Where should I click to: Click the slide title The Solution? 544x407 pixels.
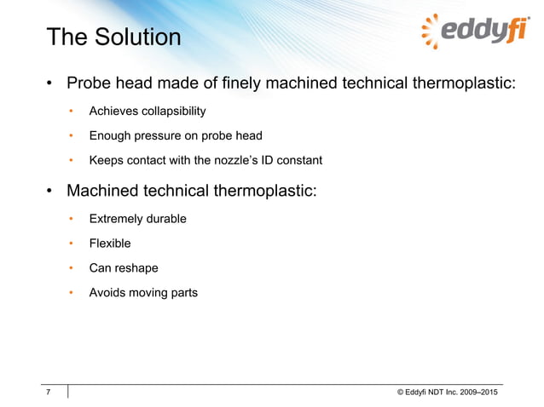coord(113,38)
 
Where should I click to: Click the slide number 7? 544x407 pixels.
coord(49,392)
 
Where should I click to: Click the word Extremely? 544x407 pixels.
coord(117,219)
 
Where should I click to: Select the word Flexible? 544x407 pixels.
coord(110,244)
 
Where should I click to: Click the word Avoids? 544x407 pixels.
coord(108,293)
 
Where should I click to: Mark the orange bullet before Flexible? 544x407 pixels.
coord(72,244)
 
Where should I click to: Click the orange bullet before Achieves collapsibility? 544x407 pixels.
coord(72,111)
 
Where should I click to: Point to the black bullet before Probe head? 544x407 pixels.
coord(50,84)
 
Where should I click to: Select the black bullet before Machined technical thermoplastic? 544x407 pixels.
coord(50,191)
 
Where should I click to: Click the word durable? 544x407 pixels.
coord(166,219)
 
